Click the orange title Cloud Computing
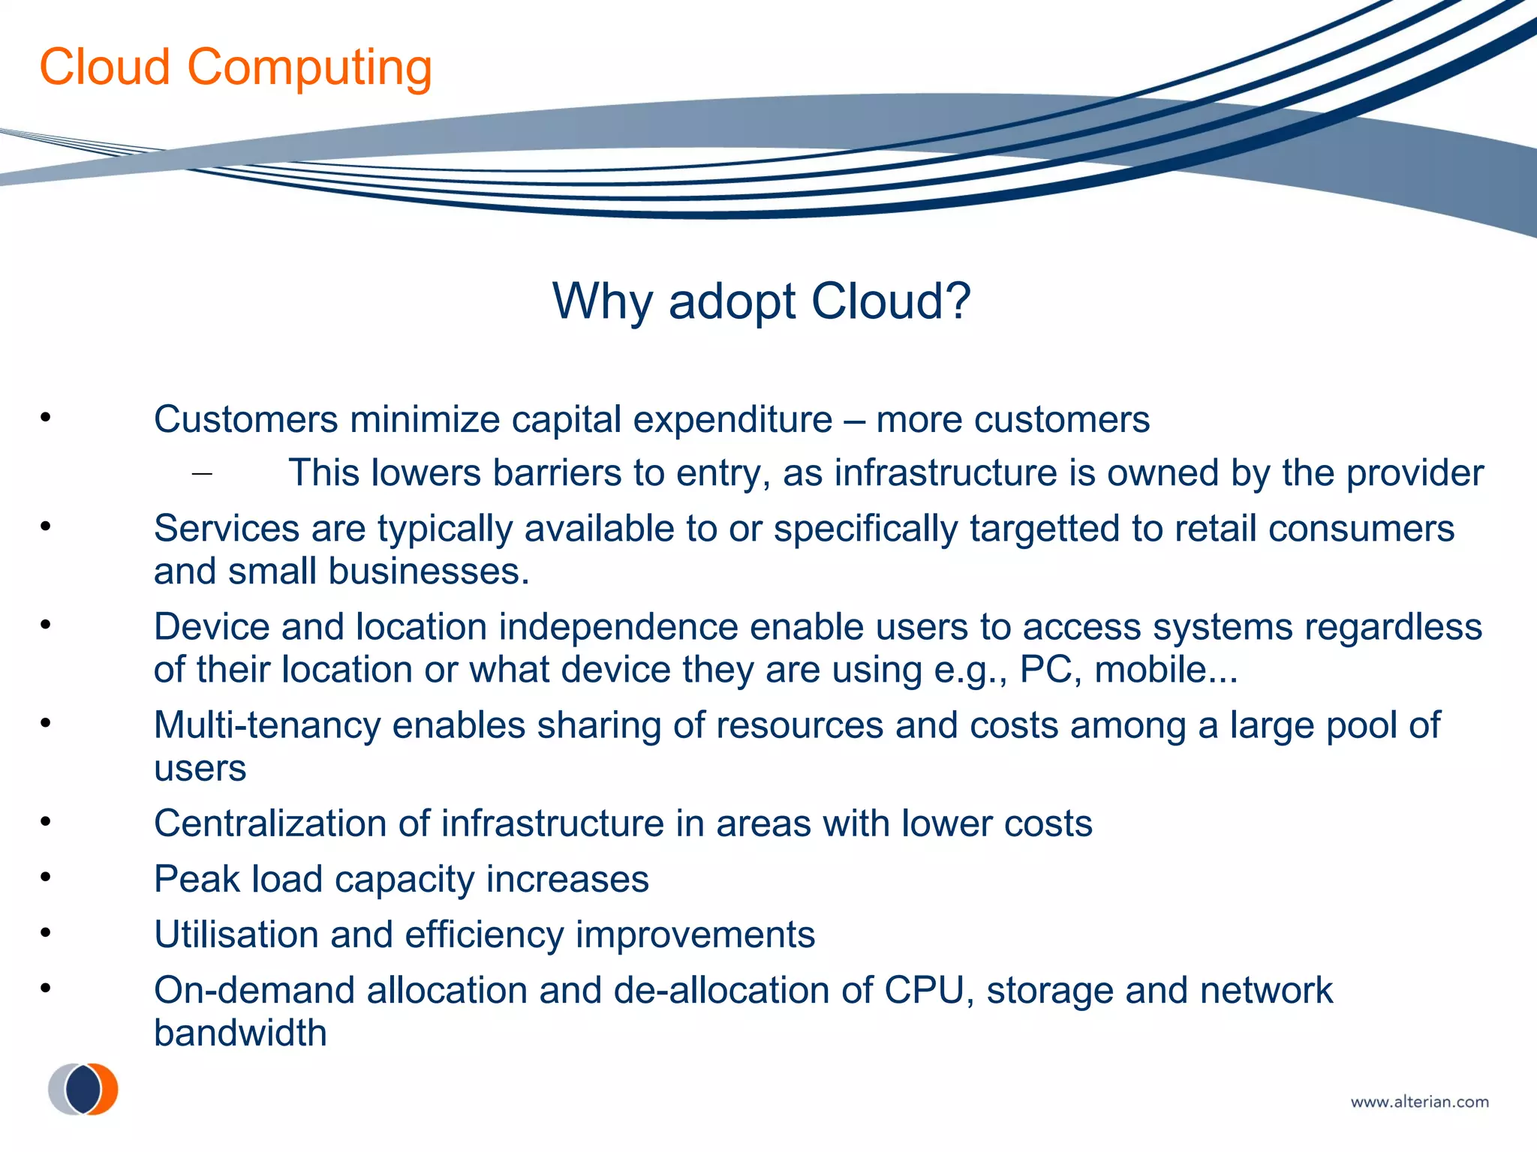tap(235, 67)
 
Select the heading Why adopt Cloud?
tap(761, 301)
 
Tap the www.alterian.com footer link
tap(1419, 1102)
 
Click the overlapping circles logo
tap(83, 1089)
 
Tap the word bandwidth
tap(240, 1033)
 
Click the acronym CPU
tap(923, 990)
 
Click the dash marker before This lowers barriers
tap(202, 473)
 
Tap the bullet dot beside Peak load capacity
tap(46, 877)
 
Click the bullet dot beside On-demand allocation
tap(46, 988)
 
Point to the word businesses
tap(429, 571)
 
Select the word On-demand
tap(254, 990)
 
